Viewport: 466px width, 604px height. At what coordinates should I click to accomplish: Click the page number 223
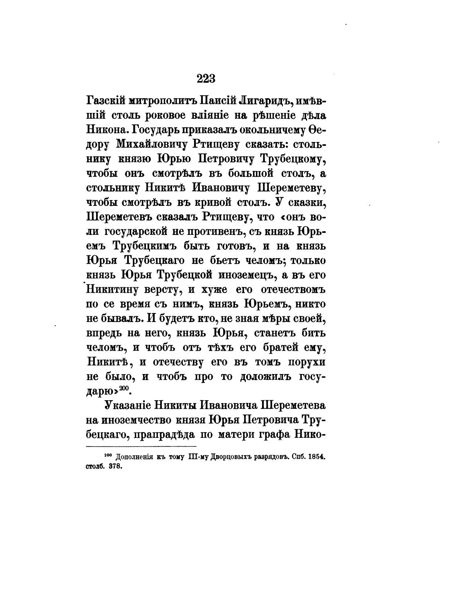[206, 78]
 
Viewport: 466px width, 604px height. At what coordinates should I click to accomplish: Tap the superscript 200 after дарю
[124, 388]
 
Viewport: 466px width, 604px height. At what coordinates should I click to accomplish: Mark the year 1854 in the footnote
[317, 456]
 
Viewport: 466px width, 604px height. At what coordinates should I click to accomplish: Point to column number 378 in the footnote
[116, 467]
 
